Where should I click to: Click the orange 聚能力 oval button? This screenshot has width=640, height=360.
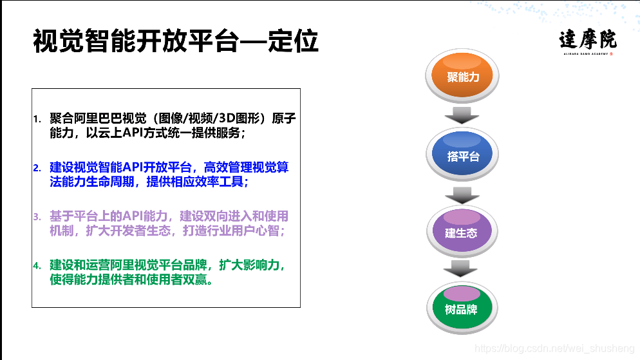click(x=463, y=77)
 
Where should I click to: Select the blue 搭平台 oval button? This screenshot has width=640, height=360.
click(x=463, y=155)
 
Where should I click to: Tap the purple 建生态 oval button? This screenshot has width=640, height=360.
click(x=462, y=232)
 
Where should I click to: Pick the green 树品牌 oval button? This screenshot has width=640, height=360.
click(x=461, y=308)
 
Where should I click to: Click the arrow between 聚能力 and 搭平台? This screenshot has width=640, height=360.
click(x=462, y=116)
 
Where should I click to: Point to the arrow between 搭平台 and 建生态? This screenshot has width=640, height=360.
click(x=462, y=195)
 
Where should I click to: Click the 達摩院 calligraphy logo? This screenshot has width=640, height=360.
click(x=587, y=40)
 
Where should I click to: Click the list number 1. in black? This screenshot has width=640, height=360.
click(x=37, y=120)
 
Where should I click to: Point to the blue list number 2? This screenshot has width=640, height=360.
click(x=37, y=168)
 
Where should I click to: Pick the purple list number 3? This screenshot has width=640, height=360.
click(x=37, y=216)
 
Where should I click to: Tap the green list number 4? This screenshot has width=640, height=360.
click(x=37, y=265)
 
